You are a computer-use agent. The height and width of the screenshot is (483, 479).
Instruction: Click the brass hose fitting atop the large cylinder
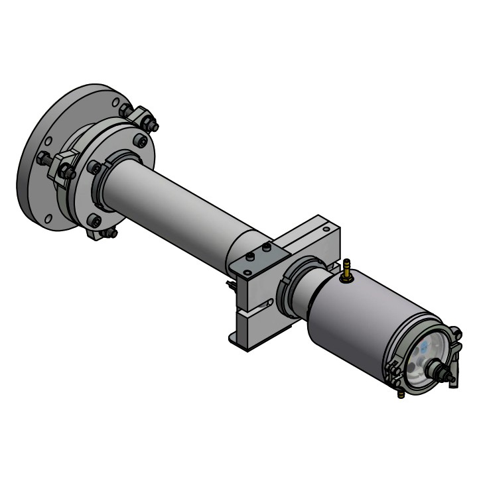tap(346, 269)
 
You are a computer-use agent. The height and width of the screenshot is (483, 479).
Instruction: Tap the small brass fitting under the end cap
tap(400, 394)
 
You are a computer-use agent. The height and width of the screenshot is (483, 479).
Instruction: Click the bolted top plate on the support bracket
tap(257, 260)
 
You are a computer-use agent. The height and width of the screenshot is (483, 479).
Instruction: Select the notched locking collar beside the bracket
tap(293, 288)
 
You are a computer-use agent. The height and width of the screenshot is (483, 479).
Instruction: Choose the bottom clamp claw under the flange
tap(101, 233)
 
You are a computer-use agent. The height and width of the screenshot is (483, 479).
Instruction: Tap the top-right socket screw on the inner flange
tap(141, 141)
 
